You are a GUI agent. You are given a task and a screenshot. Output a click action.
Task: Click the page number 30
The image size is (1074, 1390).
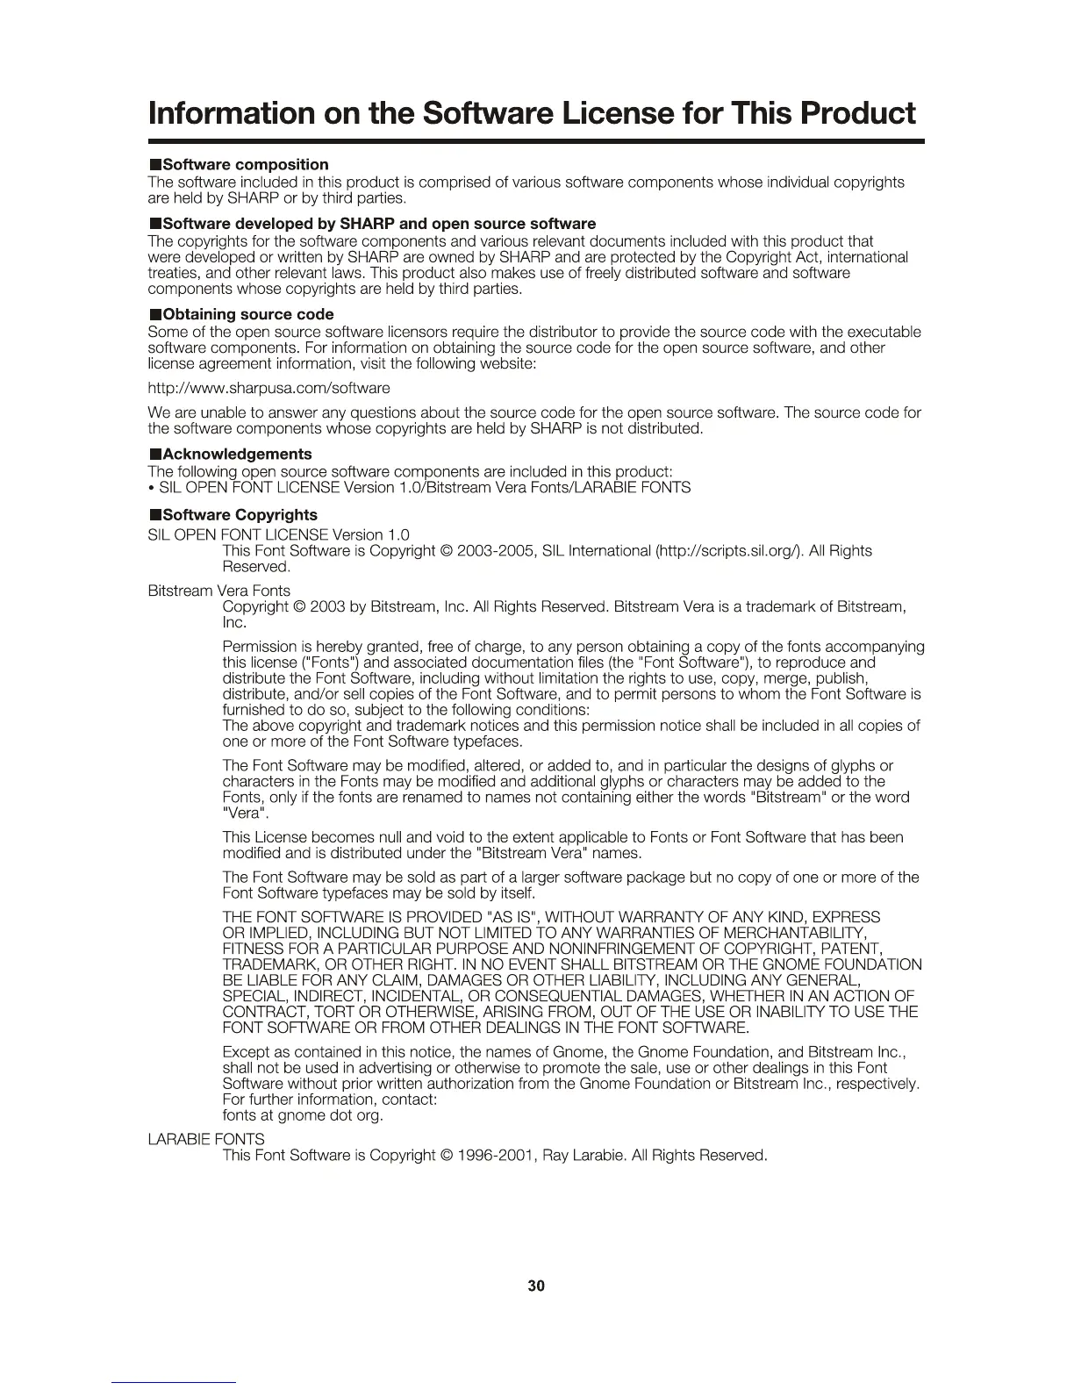point(536,1286)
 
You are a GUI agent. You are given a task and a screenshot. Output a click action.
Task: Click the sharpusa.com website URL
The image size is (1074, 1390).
point(269,388)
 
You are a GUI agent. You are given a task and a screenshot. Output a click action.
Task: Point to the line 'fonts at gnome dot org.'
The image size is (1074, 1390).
point(303,1116)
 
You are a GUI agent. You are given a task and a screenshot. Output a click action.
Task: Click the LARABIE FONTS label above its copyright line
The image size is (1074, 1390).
point(206,1139)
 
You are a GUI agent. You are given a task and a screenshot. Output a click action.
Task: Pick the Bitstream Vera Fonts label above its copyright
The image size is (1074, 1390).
point(219,591)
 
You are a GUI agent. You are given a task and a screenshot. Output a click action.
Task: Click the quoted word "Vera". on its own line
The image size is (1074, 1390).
point(241,813)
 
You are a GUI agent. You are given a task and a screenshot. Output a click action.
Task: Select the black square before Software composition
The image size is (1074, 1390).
point(154,165)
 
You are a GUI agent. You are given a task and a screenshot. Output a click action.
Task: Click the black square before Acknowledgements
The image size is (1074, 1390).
point(154,455)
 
